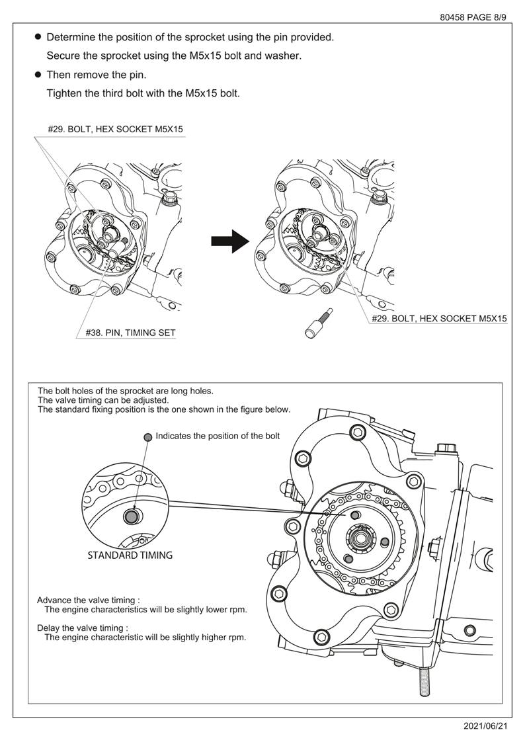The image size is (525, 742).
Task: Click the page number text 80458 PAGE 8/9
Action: tap(473, 17)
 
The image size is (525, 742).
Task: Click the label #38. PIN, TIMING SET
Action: tap(131, 333)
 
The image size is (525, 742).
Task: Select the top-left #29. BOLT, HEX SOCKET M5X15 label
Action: tap(115, 129)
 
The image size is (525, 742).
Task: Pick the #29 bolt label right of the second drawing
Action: tap(439, 318)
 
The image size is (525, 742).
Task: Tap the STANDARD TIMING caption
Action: tap(130, 555)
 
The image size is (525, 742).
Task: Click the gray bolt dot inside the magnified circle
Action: tap(132, 516)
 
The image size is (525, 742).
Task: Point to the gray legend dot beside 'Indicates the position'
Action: tap(148, 436)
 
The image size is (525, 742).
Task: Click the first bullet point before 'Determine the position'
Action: tap(38, 37)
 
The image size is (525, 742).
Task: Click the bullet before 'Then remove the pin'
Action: tap(38, 75)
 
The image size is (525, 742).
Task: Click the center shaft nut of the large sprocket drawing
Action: tap(363, 538)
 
